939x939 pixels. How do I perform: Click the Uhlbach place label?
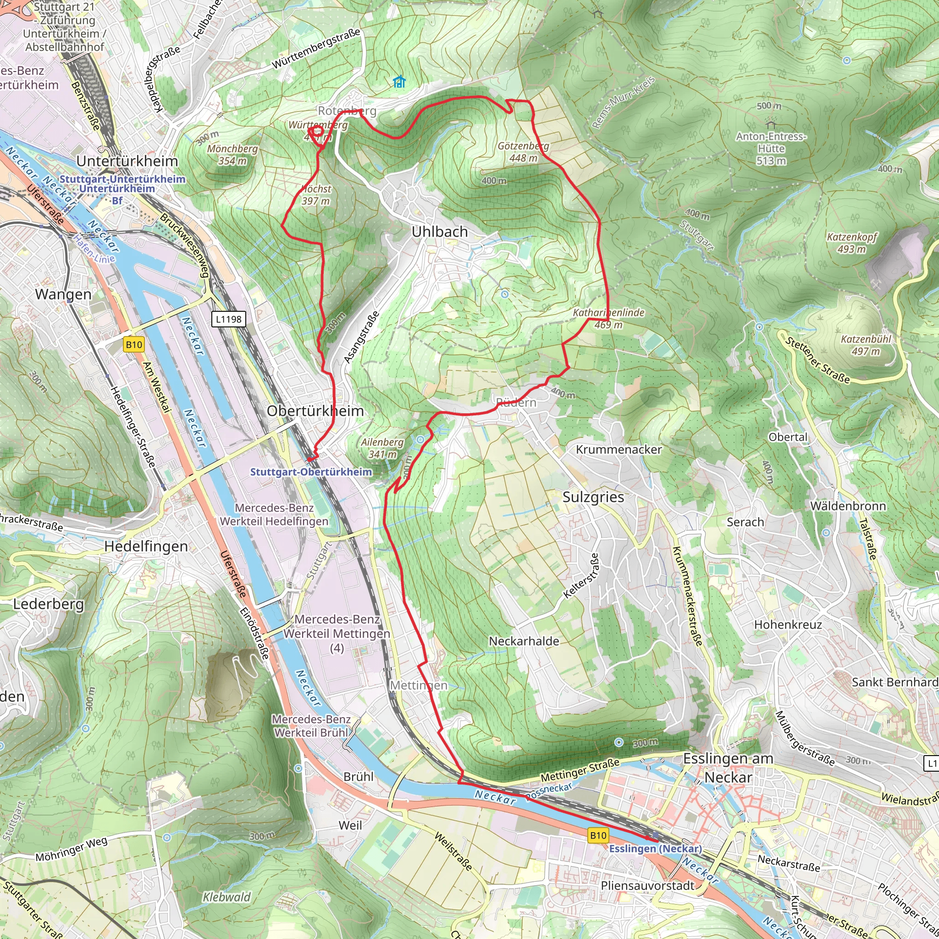439,232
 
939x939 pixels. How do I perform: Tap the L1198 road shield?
228,319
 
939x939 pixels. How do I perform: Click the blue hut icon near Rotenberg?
399,82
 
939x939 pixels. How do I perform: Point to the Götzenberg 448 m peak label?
523,152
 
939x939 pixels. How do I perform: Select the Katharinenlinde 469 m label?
608,318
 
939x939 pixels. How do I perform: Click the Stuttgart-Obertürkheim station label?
310,472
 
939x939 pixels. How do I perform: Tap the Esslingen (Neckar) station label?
655,849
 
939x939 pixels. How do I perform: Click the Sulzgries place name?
593,497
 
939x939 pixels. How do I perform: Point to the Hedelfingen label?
146,546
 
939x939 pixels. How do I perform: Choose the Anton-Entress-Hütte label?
771,148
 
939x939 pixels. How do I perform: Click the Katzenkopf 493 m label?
851,243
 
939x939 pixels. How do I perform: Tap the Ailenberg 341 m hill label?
382,448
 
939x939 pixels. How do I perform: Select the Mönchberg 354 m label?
232,155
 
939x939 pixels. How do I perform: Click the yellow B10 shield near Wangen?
134,345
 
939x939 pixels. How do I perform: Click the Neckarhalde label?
524,641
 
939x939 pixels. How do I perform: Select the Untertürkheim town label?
127,161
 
